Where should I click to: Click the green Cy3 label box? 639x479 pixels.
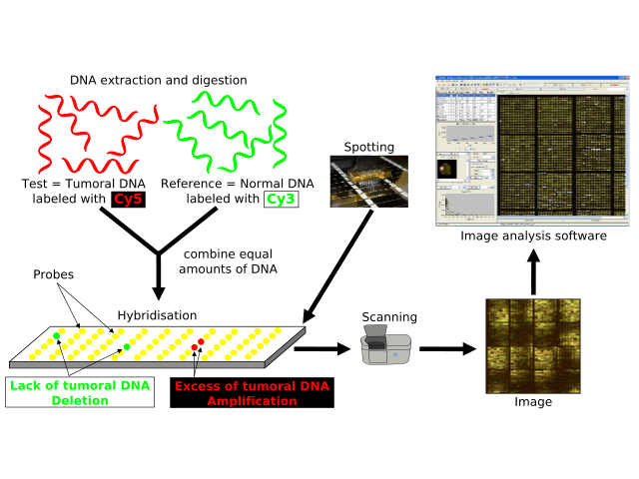281,200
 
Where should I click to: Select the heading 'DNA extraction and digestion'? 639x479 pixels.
159,80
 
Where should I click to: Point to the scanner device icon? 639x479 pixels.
384,348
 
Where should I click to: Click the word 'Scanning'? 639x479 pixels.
389,317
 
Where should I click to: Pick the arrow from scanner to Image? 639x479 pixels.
448,349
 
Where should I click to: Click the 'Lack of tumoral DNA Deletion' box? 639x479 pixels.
80,393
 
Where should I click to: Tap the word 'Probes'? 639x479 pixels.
52,272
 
